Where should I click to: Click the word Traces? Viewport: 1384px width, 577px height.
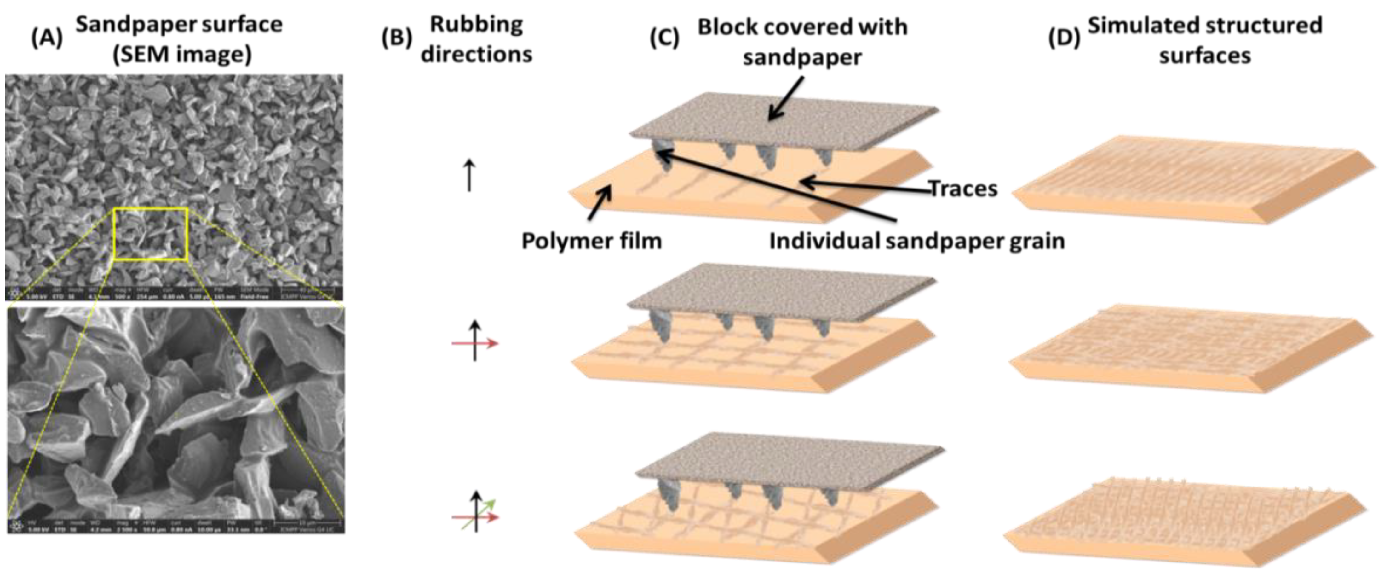point(963,189)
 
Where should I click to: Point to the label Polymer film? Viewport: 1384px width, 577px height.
point(592,241)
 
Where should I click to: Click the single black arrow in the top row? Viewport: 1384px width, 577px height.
point(469,175)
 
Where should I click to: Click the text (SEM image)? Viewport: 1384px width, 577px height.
point(182,55)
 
